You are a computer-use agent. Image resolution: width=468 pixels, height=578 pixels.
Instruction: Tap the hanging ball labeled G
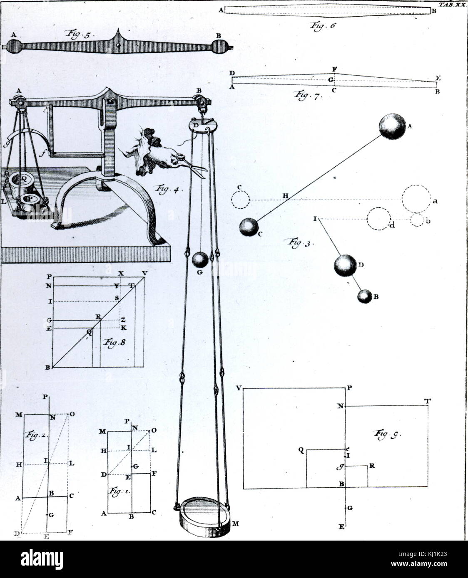click(x=200, y=260)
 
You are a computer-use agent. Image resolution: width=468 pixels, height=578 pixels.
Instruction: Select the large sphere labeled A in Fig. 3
click(x=392, y=126)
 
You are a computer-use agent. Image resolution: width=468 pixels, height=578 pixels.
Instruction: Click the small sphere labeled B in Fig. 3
click(x=364, y=296)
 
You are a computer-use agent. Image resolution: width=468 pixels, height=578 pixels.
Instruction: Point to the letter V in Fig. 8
click(x=144, y=273)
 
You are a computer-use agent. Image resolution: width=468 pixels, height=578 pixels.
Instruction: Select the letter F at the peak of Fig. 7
click(x=334, y=69)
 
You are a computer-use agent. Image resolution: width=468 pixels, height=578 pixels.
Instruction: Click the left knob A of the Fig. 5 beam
click(x=14, y=46)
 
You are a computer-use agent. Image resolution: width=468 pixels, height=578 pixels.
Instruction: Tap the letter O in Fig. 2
click(x=72, y=414)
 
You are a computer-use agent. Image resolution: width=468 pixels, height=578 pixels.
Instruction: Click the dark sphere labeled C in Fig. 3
click(x=249, y=227)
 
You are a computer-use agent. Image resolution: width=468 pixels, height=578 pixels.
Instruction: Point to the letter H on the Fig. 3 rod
click(x=285, y=195)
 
